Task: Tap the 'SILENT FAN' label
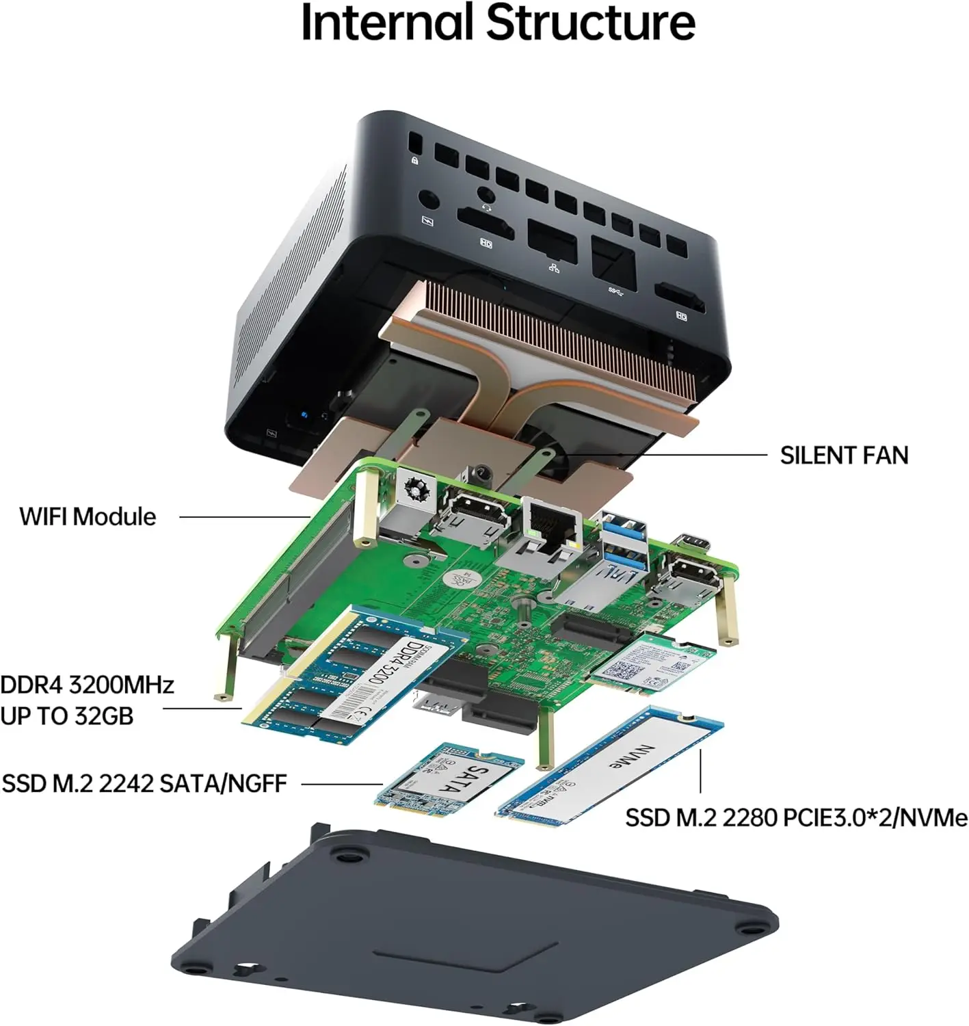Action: coord(844,456)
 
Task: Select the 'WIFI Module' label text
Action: coord(88,516)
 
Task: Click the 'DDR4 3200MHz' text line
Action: coord(88,685)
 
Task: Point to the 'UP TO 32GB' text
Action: coord(67,716)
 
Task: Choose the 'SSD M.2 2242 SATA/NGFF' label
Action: coord(144,783)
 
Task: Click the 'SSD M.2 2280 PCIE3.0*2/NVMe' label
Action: coord(796,817)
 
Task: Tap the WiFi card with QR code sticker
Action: coord(653,663)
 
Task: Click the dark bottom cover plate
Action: coord(472,930)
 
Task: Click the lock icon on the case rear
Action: coord(414,160)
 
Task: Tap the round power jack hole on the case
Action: coord(429,201)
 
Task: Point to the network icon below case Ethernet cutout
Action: coord(554,267)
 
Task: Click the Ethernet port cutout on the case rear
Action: coord(552,241)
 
